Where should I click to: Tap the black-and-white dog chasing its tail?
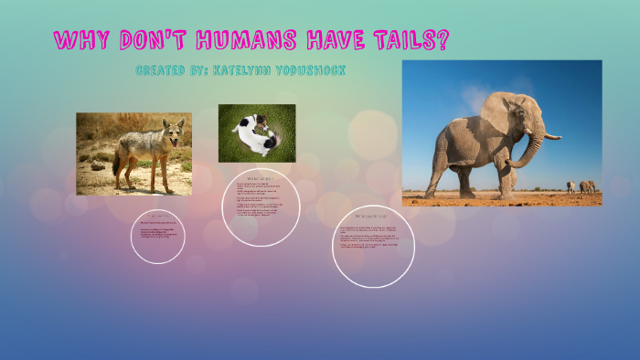point(255,133)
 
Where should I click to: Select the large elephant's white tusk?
point(549,136)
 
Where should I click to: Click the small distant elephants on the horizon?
point(580,186)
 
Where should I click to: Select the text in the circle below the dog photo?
point(261,205)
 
